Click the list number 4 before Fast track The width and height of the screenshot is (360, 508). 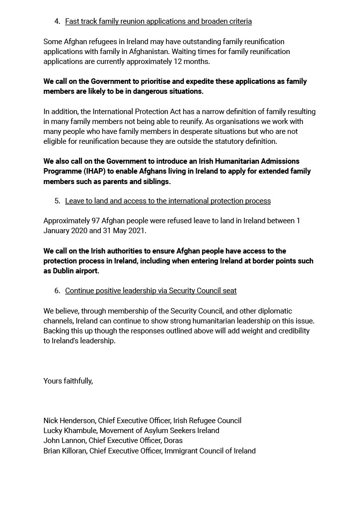click(57, 21)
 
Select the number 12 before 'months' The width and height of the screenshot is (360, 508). click(191, 62)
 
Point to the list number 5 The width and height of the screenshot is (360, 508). click(57, 201)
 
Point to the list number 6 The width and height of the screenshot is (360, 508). click(57, 291)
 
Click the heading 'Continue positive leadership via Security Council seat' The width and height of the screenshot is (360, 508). click(150, 291)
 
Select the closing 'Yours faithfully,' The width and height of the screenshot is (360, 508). click(68, 381)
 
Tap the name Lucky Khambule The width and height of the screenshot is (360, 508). click(69, 431)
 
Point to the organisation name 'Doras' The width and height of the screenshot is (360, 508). click(173, 441)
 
